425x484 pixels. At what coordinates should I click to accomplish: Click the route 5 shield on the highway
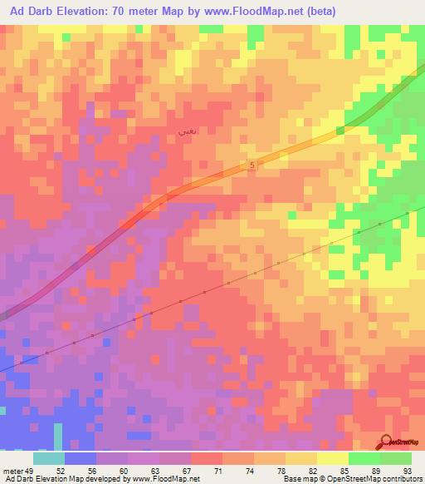[x=252, y=166]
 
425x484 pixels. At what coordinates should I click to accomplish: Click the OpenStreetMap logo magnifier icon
[x=387, y=442]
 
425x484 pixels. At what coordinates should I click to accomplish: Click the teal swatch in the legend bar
[x=49, y=458]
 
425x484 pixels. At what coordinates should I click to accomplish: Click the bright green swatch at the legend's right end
[x=396, y=458]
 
